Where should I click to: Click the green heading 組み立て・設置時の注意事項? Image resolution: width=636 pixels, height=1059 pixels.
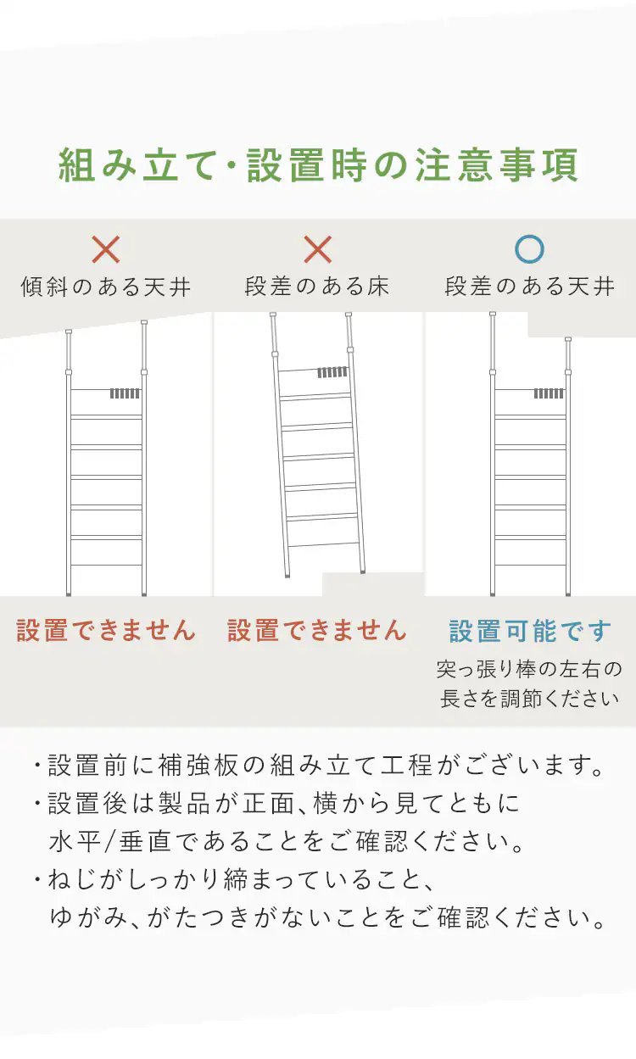click(318, 165)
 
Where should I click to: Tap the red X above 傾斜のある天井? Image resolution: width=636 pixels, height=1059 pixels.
click(105, 249)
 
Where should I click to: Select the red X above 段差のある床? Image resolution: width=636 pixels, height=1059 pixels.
click(318, 249)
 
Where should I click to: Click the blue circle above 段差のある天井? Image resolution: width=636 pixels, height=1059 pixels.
click(530, 249)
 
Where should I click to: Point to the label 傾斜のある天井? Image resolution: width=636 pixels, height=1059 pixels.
click(106, 287)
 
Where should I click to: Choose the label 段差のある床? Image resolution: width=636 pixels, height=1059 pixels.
click(317, 287)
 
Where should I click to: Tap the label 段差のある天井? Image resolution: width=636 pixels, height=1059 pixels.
click(530, 287)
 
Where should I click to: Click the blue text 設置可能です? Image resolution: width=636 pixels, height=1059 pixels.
click(530, 631)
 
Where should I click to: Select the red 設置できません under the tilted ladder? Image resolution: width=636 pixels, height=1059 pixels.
click(317, 630)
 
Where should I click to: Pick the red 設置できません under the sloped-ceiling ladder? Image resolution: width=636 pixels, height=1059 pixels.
click(106, 630)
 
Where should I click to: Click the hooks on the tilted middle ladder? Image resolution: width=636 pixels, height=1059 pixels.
click(332, 372)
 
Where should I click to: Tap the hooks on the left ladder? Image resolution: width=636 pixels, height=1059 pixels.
click(125, 393)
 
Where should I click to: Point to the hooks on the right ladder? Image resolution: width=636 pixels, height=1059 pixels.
click(549, 393)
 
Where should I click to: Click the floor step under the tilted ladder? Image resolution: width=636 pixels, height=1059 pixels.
click(372, 584)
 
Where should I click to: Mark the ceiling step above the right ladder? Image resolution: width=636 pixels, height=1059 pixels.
click(582, 325)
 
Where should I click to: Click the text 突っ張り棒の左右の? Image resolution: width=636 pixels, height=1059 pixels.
click(529, 670)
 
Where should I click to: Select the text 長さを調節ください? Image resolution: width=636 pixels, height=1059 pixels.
click(529, 699)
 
